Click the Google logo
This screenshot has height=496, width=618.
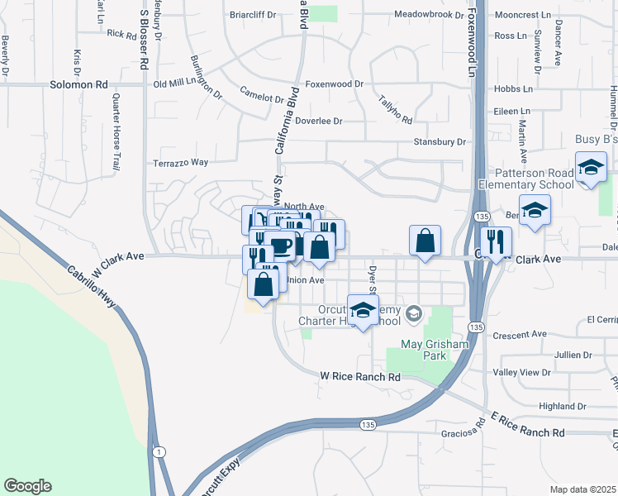[x=27, y=486]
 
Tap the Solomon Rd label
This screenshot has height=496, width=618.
[x=79, y=84]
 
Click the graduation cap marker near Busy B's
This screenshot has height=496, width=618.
[x=591, y=167]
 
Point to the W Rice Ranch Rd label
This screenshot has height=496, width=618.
[x=360, y=376]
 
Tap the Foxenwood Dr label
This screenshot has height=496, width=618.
[x=335, y=84]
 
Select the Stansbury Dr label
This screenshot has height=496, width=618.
[x=440, y=142]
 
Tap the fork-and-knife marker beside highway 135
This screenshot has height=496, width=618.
[x=497, y=242]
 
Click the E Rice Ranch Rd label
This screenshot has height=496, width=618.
[x=527, y=426]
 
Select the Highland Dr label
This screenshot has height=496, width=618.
[x=562, y=406]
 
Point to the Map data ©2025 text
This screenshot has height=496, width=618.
[x=583, y=489]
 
